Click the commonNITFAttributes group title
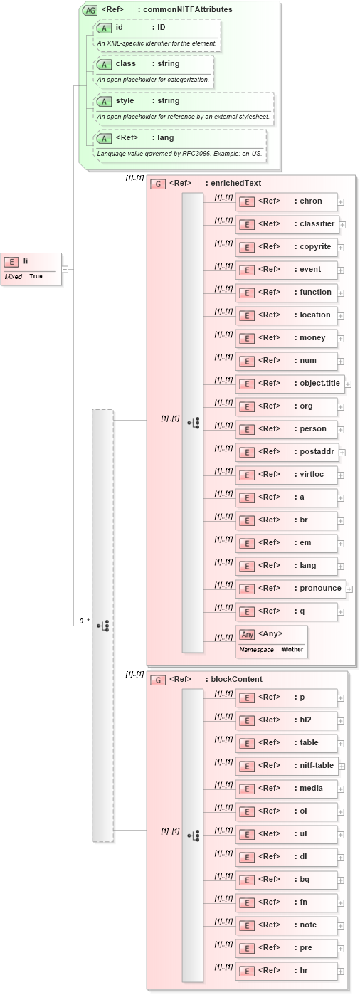(166, 9)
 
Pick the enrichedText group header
(214, 184)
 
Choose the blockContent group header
(215, 680)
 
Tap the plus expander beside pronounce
(349, 589)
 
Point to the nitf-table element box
(290, 766)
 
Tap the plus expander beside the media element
(341, 789)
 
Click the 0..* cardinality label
(84, 621)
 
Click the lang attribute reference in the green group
(181, 138)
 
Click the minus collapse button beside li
(65, 269)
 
